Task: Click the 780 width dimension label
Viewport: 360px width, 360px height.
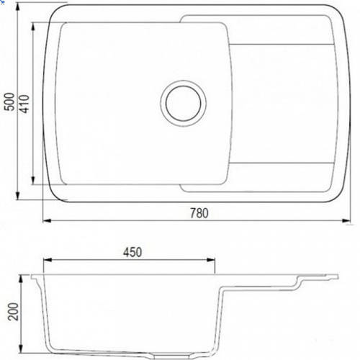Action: [199, 213]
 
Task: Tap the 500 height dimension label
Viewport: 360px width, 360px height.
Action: [10, 102]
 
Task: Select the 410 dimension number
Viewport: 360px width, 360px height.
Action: [24, 104]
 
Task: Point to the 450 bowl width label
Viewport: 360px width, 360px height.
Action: [132, 252]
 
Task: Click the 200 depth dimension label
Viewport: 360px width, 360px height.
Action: [13, 312]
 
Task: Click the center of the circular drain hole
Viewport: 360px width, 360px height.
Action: [184, 104]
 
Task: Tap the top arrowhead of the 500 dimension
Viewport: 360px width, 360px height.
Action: [17, 8]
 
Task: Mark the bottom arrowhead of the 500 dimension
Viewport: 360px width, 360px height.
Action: [17, 196]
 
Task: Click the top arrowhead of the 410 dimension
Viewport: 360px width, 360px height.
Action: [33, 27]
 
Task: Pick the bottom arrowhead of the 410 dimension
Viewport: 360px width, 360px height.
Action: [33, 180]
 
